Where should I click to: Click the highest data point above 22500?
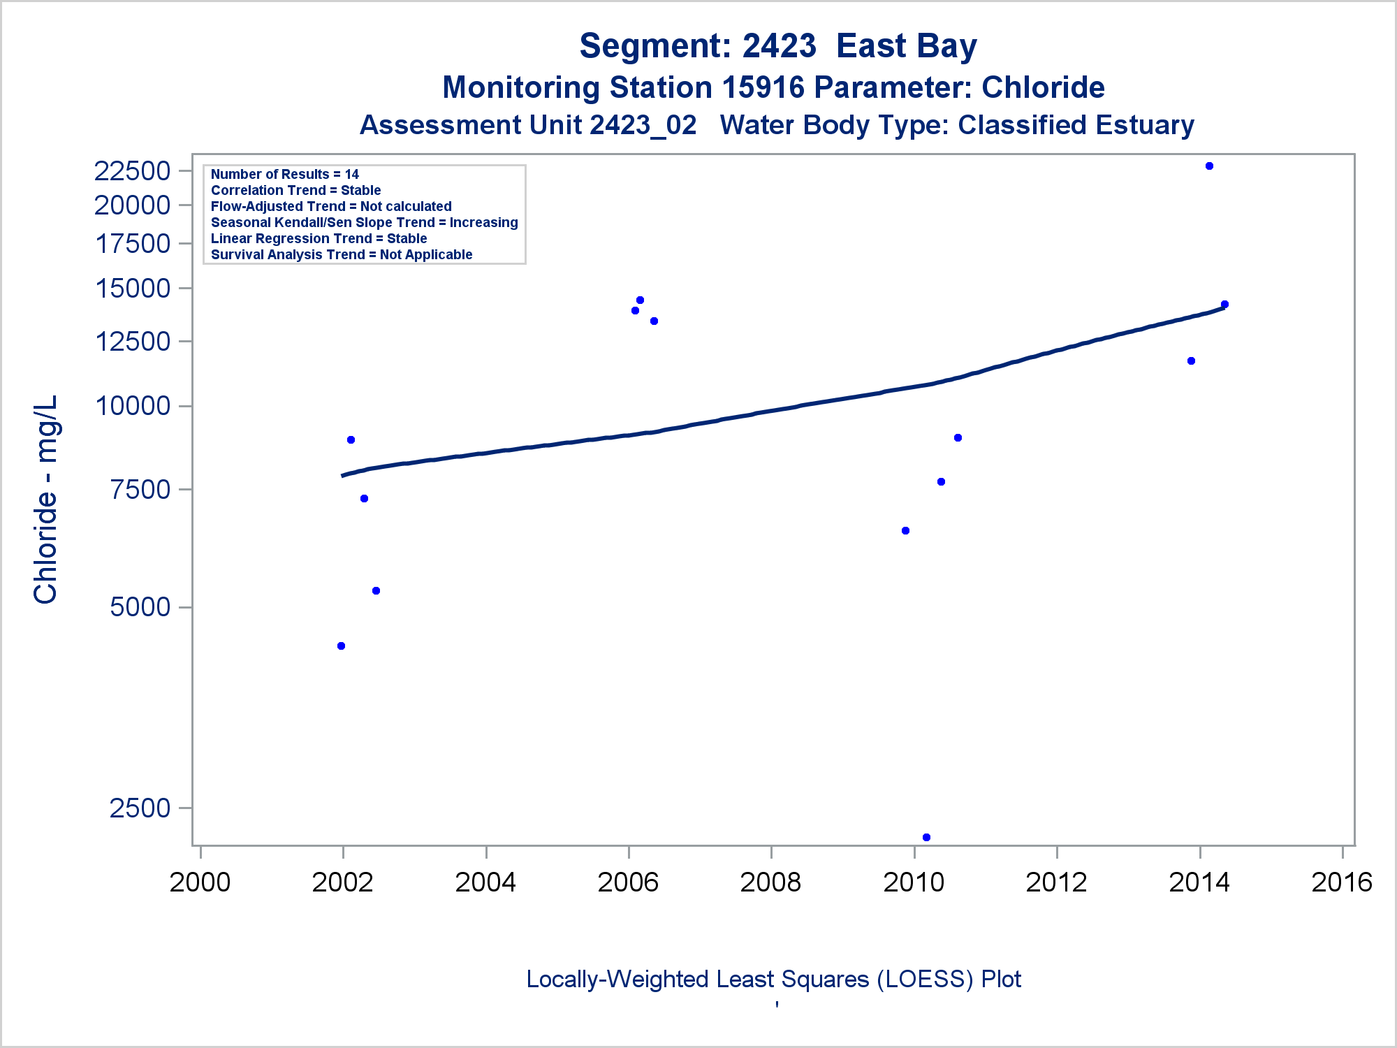[1209, 166]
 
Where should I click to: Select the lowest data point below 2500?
[926, 837]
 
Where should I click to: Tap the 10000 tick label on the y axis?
[133, 406]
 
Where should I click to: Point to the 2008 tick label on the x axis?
[770, 882]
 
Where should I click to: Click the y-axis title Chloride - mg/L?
[46, 500]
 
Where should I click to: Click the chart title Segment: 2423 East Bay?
[777, 46]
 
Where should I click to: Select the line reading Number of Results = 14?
[285, 174]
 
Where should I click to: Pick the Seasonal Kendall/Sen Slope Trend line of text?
[364, 222]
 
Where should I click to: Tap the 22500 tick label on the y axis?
[133, 170]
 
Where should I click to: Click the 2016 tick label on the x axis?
[1342, 882]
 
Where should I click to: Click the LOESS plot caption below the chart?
[773, 980]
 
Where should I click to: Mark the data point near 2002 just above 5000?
[376, 591]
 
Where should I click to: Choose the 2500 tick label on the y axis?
[140, 808]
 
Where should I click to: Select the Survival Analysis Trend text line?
[342, 254]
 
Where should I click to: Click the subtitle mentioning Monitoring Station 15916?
[773, 88]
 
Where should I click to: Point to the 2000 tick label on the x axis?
[200, 882]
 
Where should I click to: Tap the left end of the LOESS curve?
[343, 475]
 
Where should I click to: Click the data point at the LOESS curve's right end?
[1224, 305]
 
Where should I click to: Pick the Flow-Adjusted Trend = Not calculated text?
[331, 206]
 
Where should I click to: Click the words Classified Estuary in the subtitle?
[1076, 126]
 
